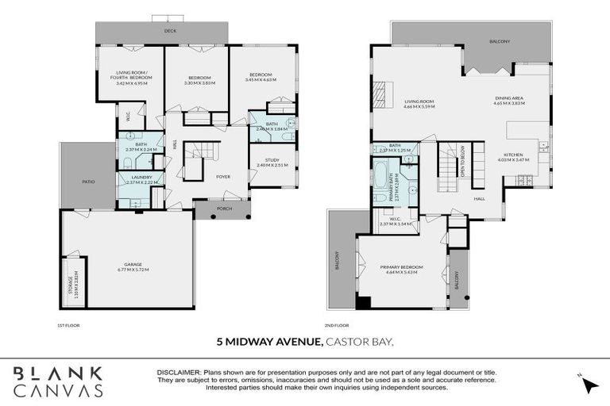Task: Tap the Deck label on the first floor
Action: tap(169, 32)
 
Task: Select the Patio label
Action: tap(88, 182)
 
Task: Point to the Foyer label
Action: tap(223, 176)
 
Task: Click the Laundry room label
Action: tap(137, 177)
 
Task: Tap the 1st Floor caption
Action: tap(68, 325)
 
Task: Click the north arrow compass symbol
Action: tap(589, 385)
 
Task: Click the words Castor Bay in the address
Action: tap(360, 342)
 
